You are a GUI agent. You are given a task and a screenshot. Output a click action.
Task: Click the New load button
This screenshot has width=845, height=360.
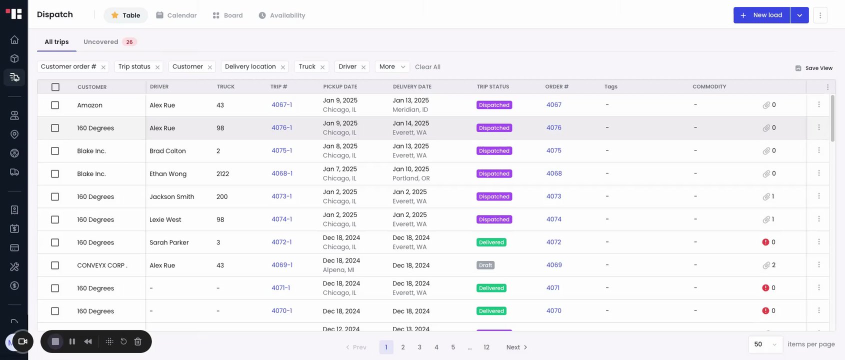761,15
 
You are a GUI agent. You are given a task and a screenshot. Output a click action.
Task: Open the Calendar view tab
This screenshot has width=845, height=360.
176,15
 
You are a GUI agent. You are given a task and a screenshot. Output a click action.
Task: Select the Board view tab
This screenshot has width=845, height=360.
227,15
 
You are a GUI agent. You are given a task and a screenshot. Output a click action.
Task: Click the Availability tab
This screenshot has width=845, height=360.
282,15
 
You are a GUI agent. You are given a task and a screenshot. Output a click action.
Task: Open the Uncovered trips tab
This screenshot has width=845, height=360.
109,42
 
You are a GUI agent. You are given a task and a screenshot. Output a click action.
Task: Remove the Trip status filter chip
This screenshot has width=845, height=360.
157,67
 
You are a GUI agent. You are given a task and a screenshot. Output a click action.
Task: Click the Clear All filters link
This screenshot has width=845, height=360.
427,67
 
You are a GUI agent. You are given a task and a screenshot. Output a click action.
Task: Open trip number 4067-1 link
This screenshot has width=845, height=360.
281,105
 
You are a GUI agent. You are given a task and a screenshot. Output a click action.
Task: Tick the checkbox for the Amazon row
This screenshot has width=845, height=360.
55,105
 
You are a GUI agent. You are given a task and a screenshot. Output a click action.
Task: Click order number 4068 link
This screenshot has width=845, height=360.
554,173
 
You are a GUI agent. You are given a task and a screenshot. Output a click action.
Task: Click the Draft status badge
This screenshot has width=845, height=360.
485,265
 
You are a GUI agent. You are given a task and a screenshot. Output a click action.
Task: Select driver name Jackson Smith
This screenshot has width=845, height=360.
171,197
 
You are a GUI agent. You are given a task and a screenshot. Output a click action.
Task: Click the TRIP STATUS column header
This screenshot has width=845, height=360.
492,87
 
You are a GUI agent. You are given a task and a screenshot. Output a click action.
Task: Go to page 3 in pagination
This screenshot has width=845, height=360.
419,347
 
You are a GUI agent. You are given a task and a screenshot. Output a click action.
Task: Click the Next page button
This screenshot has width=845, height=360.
516,347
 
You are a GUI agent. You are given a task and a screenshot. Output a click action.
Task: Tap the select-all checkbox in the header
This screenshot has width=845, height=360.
55,87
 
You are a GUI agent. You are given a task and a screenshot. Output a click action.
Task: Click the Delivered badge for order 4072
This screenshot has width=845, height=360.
491,242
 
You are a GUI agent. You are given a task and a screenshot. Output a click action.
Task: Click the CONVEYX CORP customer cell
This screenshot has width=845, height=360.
102,265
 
